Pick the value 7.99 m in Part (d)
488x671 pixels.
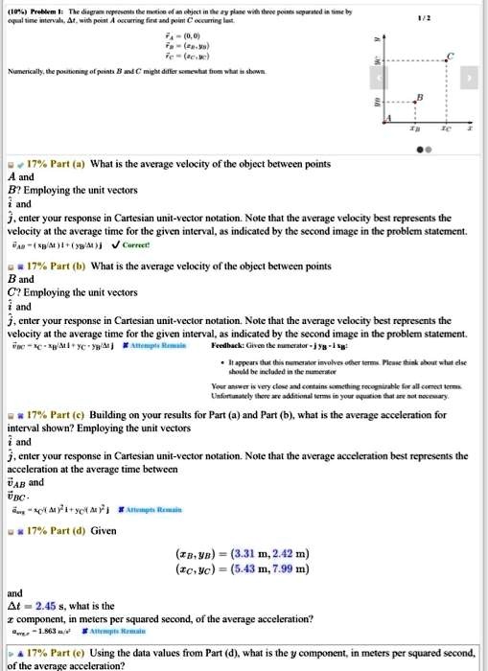pyautogui.click(x=289, y=568)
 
